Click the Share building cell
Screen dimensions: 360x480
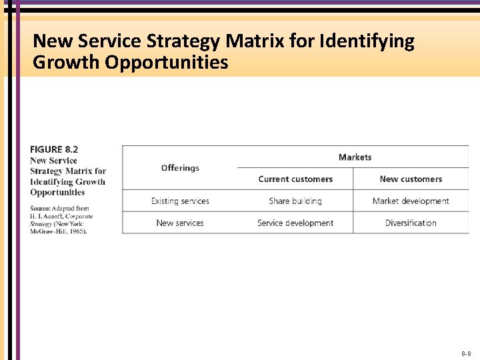pyautogui.click(x=295, y=201)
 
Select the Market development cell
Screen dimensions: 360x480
pyautogui.click(x=411, y=201)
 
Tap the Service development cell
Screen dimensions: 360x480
pyautogui.click(x=295, y=223)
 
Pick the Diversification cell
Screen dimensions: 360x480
pyautogui.click(x=411, y=223)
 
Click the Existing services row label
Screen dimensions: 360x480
pyautogui.click(x=180, y=201)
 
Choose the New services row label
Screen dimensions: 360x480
pyautogui.click(x=180, y=223)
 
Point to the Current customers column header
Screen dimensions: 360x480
pyautogui.click(x=295, y=179)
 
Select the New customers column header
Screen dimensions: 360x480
pyautogui.click(x=411, y=179)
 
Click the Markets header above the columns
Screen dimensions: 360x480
pyautogui.click(x=355, y=157)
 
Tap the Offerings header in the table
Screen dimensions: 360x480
pyautogui.click(x=180, y=168)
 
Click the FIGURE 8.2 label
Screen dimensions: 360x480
pyautogui.click(x=54, y=149)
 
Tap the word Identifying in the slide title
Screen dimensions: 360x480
pyautogui.click(x=367, y=41)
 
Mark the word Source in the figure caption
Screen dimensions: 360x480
pyautogui.click(x=41, y=209)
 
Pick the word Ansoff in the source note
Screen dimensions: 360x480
pyautogui.click(x=53, y=217)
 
